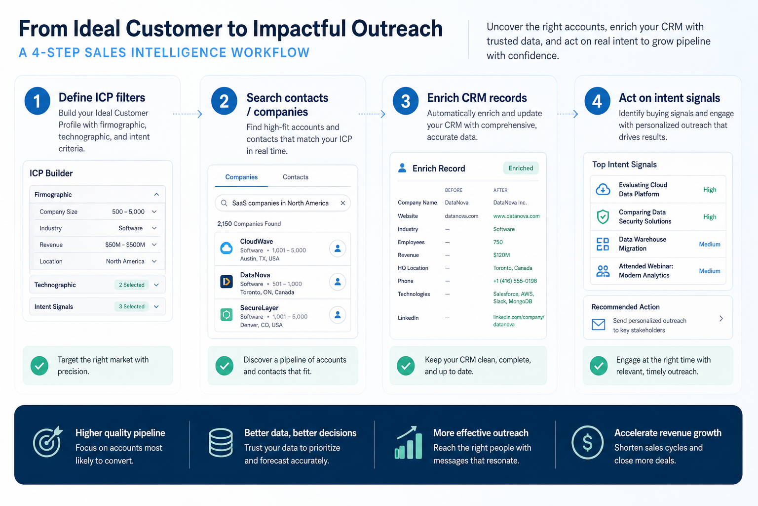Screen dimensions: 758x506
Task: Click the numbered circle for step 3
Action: (405, 101)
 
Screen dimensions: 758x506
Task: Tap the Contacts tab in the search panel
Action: (296, 177)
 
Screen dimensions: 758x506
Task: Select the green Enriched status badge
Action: (521, 168)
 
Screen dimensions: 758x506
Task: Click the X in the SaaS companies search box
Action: (343, 203)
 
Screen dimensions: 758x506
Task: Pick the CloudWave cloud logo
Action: (227, 248)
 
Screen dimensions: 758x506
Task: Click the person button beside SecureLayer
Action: (338, 315)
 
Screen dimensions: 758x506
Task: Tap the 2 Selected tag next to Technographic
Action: (132, 285)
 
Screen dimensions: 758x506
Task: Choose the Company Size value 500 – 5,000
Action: (128, 212)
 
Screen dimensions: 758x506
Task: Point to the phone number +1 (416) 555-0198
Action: (515, 281)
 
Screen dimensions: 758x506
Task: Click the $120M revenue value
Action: (501, 255)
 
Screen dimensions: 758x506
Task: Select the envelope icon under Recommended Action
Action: (598, 324)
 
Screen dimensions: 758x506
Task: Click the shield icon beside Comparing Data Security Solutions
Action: (603, 216)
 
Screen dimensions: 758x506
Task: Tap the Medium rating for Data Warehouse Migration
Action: (710, 244)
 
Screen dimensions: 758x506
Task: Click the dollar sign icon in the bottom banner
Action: (587, 442)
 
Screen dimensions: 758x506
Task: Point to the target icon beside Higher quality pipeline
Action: (48, 442)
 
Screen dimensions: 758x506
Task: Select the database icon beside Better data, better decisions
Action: (221, 443)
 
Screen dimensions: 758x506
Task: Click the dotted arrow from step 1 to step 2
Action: (188, 114)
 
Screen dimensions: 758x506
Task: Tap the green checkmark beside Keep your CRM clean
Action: (406, 366)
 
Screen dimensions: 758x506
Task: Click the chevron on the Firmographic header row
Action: (156, 194)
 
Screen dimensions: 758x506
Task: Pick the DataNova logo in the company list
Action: (227, 281)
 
